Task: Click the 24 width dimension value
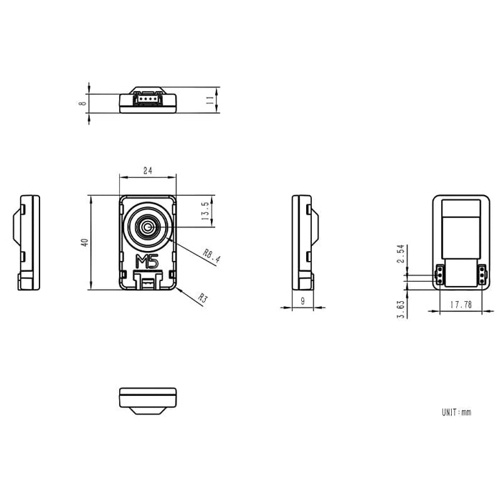(148, 171)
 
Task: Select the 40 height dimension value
(85, 242)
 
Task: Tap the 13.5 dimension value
(205, 212)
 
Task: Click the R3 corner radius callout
(203, 298)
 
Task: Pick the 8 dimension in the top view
(83, 103)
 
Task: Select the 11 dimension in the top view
(210, 100)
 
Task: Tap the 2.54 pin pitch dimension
(401, 255)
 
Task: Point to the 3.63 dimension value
(401, 308)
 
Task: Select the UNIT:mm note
(457, 412)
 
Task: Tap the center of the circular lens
(148, 228)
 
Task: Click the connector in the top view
(148, 98)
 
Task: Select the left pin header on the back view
(440, 274)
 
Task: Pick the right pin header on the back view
(481, 274)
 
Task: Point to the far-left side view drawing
(28, 242)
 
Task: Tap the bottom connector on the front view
(148, 281)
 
